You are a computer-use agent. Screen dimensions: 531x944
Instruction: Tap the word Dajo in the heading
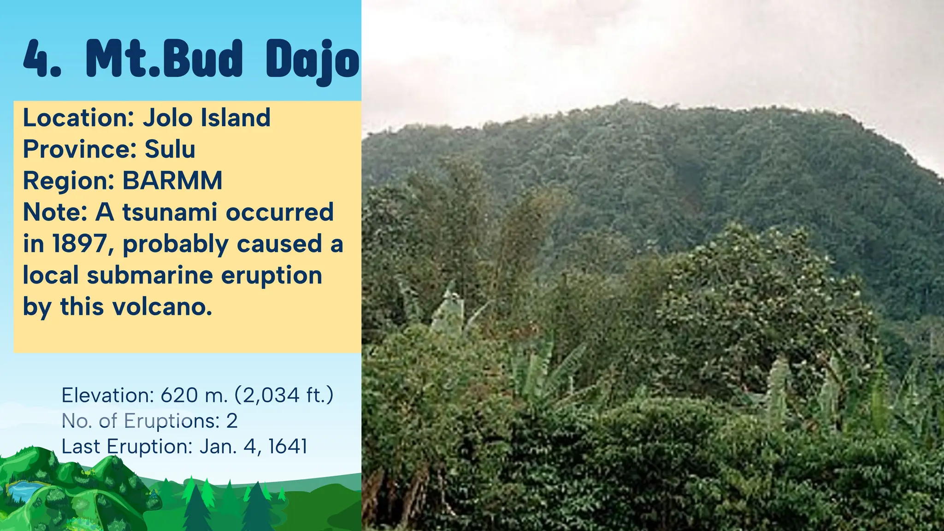pos(312,60)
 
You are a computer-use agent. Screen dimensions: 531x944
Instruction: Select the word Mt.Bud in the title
pos(164,59)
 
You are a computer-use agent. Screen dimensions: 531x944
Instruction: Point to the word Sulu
pos(170,149)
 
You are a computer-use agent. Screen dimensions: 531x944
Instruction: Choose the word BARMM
pos(172,181)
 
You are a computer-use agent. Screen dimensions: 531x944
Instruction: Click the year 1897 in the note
pos(79,244)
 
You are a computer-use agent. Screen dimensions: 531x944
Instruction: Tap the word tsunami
pos(170,212)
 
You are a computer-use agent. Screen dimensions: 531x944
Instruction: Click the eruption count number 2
pos(232,421)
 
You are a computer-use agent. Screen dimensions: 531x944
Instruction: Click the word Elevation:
pos(107,395)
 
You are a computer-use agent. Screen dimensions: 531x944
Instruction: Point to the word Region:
pos(69,181)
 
